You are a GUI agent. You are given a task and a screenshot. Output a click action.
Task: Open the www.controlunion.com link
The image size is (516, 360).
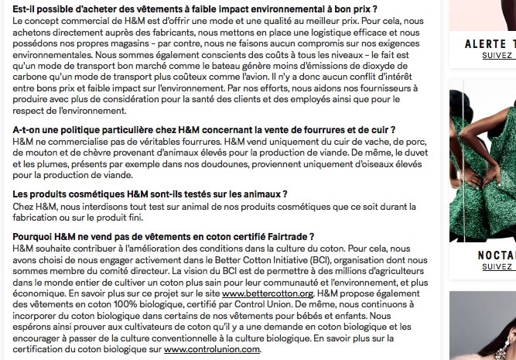[212, 349]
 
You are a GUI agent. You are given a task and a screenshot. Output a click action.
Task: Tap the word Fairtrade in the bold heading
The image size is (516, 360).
[284, 235]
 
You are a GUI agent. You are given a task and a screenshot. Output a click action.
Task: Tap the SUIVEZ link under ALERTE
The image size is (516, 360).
[497, 56]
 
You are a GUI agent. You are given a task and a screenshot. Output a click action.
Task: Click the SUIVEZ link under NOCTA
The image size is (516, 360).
[497, 267]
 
